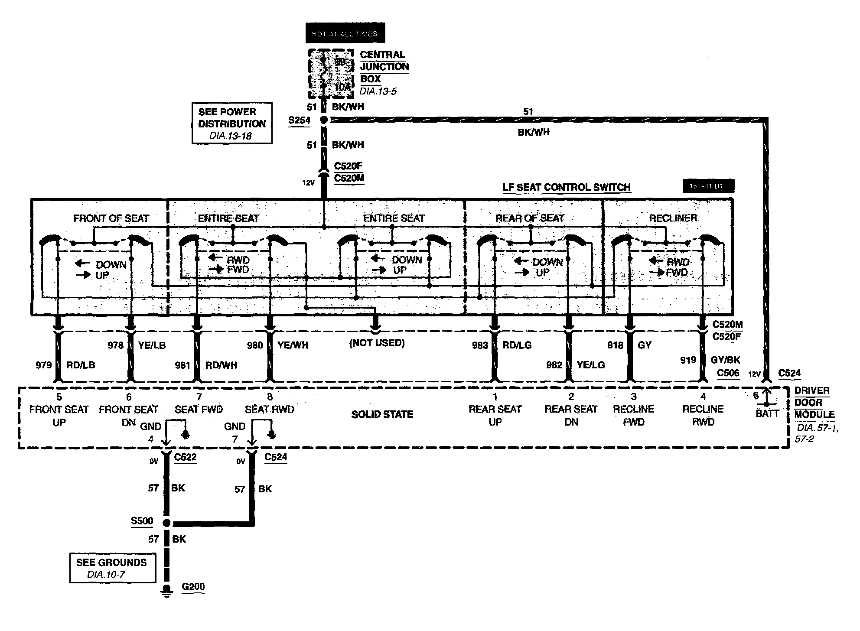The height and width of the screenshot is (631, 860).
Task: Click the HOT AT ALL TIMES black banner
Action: (345, 33)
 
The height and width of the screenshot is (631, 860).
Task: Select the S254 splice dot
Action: (323, 120)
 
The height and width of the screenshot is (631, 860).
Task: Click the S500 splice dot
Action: (166, 523)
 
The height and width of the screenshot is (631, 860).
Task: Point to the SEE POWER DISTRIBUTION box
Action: (232, 123)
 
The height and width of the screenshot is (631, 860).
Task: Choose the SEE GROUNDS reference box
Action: (112, 568)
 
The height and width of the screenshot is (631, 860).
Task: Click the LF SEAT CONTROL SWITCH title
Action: (566, 187)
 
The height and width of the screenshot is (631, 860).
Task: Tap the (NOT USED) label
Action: (377, 343)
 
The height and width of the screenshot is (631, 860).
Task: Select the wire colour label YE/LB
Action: (152, 345)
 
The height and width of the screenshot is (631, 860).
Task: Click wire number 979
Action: (44, 365)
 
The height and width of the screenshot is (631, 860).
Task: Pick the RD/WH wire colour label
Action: (221, 365)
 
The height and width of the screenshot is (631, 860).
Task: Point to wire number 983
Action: (480, 345)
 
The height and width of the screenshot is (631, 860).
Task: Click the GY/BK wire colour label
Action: (725, 360)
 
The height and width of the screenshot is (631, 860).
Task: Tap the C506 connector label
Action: (728, 373)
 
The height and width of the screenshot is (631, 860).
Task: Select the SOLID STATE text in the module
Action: (382, 414)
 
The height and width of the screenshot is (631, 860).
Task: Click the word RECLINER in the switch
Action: (673, 218)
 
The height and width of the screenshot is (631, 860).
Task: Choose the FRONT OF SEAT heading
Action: (111, 218)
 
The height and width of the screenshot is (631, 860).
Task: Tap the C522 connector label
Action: (185, 457)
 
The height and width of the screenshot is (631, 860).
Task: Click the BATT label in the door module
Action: (767, 413)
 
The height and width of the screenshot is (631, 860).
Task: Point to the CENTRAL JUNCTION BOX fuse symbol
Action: (324, 74)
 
